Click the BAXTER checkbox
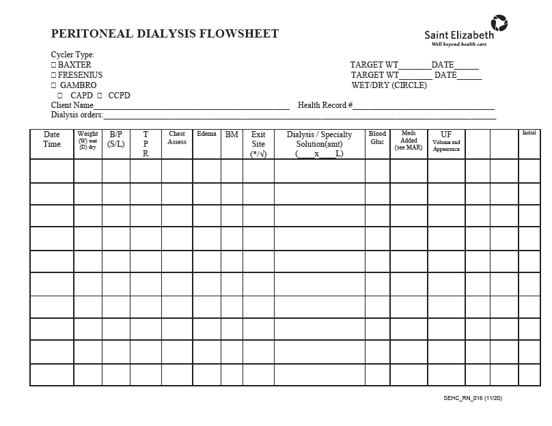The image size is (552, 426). point(54,66)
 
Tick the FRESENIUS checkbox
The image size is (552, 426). point(54,75)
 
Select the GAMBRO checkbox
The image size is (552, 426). point(54,85)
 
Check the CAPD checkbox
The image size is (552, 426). point(60,96)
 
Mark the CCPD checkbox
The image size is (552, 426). point(100,96)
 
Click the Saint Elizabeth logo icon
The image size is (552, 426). point(499,23)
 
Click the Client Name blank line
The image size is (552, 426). point(191,107)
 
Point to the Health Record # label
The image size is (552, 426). point(325,105)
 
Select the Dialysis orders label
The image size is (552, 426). point(77,115)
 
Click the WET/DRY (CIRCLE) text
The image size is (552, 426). point(389,85)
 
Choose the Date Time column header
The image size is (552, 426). point(52,139)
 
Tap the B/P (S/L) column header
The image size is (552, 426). point(116,139)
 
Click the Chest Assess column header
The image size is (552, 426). point(177,138)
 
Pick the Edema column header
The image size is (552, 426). point(206,134)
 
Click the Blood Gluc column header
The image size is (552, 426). point(377,138)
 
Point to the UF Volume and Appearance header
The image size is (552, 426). point(446,141)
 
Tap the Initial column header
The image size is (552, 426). point(529,133)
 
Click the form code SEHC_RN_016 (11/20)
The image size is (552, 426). point(473,398)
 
